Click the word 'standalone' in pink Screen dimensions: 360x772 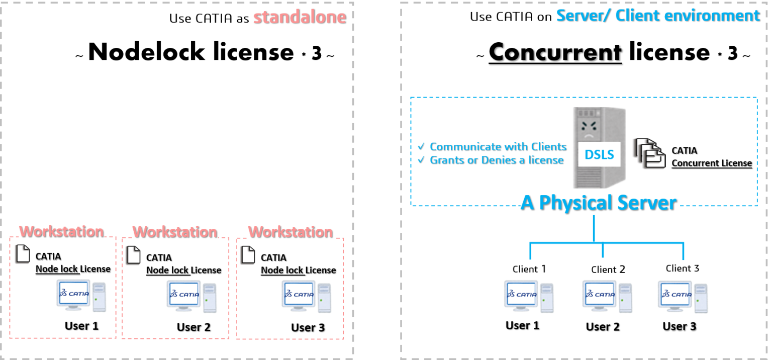click(299, 17)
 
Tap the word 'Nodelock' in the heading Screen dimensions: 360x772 click(146, 52)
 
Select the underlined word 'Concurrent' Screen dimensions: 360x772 click(555, 52)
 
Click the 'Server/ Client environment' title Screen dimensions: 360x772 click(657, 15)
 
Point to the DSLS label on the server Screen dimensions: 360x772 click(599, 154)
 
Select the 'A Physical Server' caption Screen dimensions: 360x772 click(599, 202)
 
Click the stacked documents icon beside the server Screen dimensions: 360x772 click(649, 153)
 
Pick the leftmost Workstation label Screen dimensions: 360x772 click(61, 231)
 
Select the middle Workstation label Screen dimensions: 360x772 click(175, 232)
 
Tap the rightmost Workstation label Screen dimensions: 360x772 click(290, 232)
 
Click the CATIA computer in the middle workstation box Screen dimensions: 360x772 click(191, 296)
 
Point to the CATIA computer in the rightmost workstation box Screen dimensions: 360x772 click(306, 296)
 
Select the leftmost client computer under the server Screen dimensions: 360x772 click(529, 296)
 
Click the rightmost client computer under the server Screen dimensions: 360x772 click(683, 296)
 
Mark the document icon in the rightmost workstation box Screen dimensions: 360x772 click(247, 255)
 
